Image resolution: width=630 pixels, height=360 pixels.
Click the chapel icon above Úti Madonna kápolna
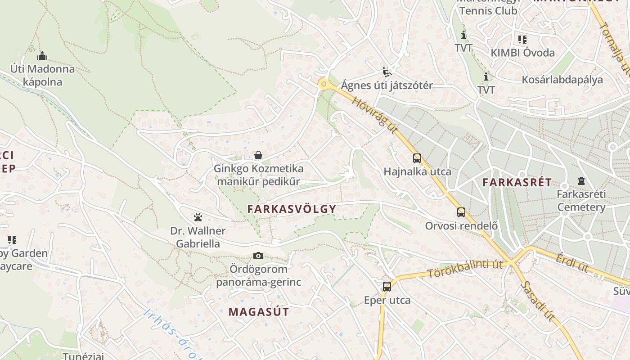42,56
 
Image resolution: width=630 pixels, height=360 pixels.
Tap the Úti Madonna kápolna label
43,76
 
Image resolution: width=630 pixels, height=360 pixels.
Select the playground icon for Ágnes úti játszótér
387,72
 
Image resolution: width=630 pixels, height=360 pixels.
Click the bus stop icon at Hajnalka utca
417,158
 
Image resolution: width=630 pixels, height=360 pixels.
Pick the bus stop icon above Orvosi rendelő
461,212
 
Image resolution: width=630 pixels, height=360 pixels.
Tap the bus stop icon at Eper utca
387,287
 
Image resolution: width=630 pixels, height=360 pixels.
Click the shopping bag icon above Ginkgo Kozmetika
258,156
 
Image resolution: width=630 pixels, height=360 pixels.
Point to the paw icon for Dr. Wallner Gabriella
198,218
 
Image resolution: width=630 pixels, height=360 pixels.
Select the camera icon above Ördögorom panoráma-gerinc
258,256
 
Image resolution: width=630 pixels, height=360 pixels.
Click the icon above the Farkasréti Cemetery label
581,181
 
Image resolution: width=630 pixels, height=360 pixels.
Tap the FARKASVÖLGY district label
292,209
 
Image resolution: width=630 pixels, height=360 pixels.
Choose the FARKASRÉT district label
517,182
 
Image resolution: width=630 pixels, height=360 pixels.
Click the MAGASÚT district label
259,311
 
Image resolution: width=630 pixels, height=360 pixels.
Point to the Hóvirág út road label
375,115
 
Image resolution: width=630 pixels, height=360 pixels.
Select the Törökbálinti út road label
465,268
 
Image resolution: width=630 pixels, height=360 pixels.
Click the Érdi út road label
572,263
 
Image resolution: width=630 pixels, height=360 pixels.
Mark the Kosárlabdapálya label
562,80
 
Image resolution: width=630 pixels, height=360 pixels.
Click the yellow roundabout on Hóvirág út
323,84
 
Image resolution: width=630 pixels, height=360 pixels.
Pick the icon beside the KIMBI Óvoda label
522,40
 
